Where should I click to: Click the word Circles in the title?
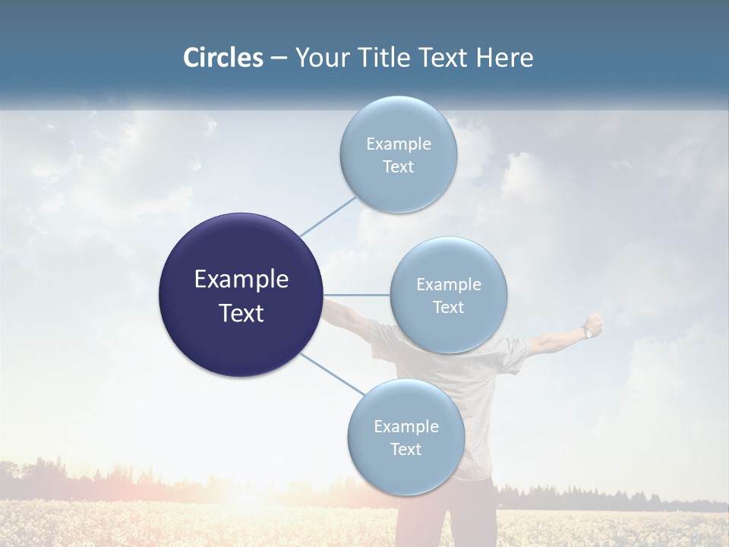pos(222,58)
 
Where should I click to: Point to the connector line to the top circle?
pos(328,216)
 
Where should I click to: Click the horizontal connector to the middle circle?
pos(357,295)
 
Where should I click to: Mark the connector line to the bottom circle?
pos(332,375)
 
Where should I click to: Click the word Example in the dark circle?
pos(241,280)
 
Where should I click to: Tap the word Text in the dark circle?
pos(241,313)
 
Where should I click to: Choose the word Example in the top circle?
pos(398,144)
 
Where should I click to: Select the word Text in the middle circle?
pos(448,307)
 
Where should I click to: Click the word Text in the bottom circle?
pos(406,449)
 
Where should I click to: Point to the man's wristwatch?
pos(587,332)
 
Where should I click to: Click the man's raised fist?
pos(595,323)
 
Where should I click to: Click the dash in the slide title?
pos(278,58)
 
